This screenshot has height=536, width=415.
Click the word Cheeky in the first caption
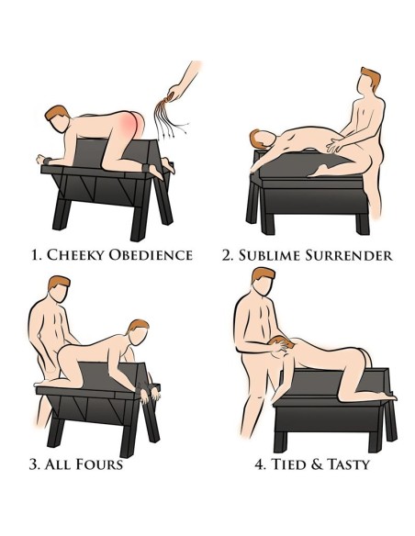click(74, 255)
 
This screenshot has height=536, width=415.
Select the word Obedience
click(150, 255)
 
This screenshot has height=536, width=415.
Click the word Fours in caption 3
click(99, 464)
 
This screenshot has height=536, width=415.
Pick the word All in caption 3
click(58, 464)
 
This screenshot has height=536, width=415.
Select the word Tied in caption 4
click(288, 464)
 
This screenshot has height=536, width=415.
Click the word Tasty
click(348, 464)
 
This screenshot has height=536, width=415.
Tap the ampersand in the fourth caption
click(317, 464)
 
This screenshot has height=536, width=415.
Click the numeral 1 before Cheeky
click(35, 255)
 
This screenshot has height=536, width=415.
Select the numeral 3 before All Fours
click(34, 464)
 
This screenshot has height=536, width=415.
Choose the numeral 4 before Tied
click(260, 464)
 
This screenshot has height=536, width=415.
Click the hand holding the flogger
click(175, 93)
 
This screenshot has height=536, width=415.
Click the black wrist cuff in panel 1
click(47, 160)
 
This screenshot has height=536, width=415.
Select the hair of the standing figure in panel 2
click(372, 77)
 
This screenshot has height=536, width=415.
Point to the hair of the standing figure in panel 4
click(264, 274)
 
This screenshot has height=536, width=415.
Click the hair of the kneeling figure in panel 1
click(57, 112)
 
